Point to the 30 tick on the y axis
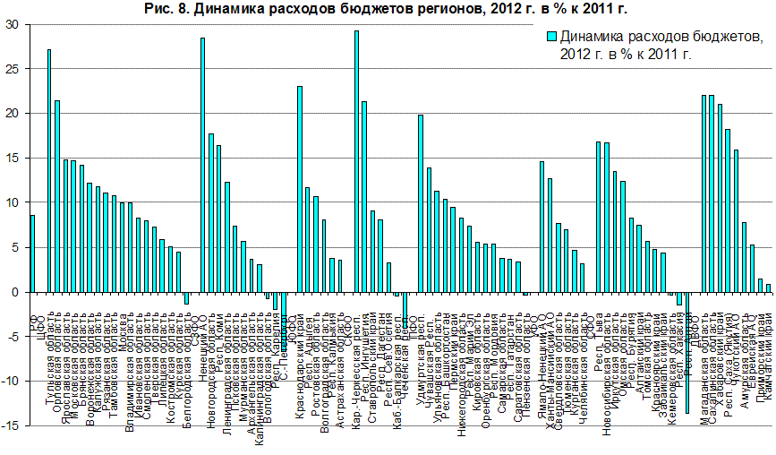[x=13, y=24]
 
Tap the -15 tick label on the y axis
[x=10, y=425]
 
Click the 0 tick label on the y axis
[x=15, y=292]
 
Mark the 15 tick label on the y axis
[x=13, y=159]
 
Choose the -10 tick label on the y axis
[x=10, y=381]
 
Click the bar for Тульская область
[x=48, y=170]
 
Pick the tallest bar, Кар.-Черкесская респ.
[x=356, y=161]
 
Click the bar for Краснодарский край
[x=300, y=189]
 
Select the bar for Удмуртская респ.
[x=420, y=203]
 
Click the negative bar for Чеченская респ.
[x=405, y=309]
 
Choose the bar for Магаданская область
[x=704, y=193]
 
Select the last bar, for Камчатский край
[x=768, y=288]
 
